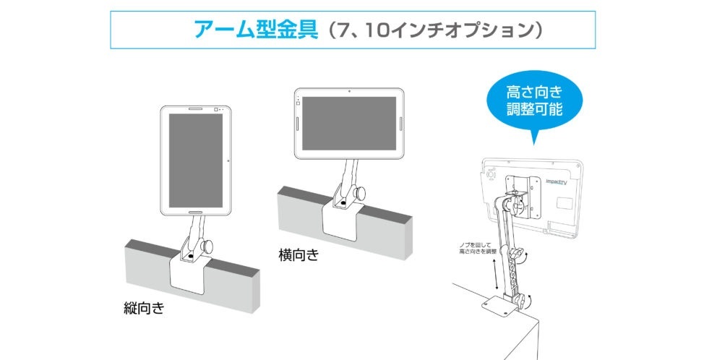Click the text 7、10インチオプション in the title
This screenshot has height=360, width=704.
point(433,30)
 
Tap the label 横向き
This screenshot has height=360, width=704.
point(298,255)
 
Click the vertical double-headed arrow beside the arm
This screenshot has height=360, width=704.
point(495,275)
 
